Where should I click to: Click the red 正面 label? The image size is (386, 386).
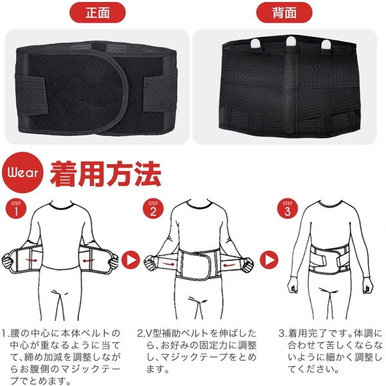tap(97, 12)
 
